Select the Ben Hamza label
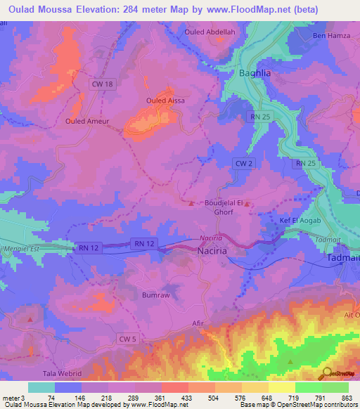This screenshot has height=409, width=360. click(x=330, y=36)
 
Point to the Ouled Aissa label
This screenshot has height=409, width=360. click(x=165, y=100)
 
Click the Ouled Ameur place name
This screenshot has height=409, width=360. click(x=86, y=121)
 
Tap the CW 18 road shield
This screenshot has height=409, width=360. click(x=102, y=84)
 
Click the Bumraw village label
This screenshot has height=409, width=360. click(x=156, y=295)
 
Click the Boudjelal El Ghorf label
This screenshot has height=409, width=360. click(x=223, y=207)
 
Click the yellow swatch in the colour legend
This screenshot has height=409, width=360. click(x=281, y=387)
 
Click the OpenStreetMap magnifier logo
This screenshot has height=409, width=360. click(x=326, y=373)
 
